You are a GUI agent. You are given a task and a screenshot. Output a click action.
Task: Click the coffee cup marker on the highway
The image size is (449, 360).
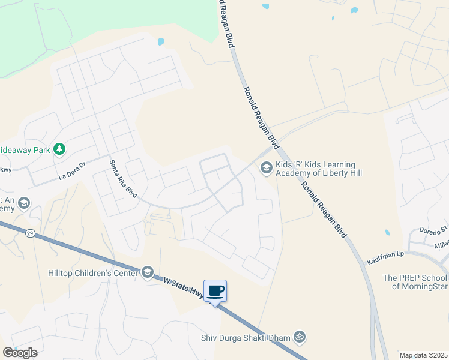[x=215, y=291]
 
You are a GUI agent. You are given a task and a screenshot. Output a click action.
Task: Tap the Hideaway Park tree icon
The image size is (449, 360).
[x=59, y=148]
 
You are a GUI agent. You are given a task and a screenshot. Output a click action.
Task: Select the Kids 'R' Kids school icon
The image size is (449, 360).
[x=265, y=169]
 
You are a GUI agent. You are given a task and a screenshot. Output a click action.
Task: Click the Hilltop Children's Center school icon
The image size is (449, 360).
[x=147, y=273]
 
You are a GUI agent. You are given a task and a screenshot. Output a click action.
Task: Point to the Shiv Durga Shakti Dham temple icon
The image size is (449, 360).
[x=300, y=337]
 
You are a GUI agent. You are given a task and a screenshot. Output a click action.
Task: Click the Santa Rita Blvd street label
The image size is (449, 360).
[x=123, y=179]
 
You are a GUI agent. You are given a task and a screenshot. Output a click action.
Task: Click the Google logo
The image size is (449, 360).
[x=20, y=353]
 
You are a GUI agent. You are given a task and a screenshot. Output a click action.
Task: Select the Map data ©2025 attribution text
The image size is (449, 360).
[x=424, y=355]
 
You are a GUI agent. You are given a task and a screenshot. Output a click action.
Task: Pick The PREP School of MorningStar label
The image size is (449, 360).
[x=415, y=282]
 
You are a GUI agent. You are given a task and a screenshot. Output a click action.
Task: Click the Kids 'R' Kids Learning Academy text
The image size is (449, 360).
[x=318, y=169]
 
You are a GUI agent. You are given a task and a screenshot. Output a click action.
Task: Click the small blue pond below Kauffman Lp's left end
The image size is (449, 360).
[x=387, y=232]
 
